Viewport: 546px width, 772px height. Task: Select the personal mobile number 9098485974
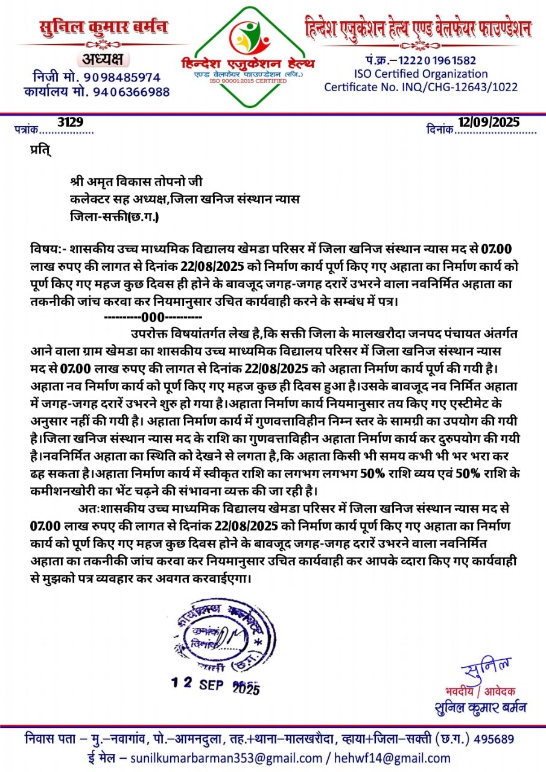tap(122, 77)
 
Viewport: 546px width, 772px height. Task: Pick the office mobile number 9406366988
tap(129, 92)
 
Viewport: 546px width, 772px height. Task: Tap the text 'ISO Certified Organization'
tap(421, 74)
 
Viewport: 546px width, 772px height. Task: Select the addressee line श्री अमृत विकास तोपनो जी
tap(136, 183)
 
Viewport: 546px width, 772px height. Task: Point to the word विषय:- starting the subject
tap(46, 249)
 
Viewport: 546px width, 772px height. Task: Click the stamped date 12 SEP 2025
tap(215, 685)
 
